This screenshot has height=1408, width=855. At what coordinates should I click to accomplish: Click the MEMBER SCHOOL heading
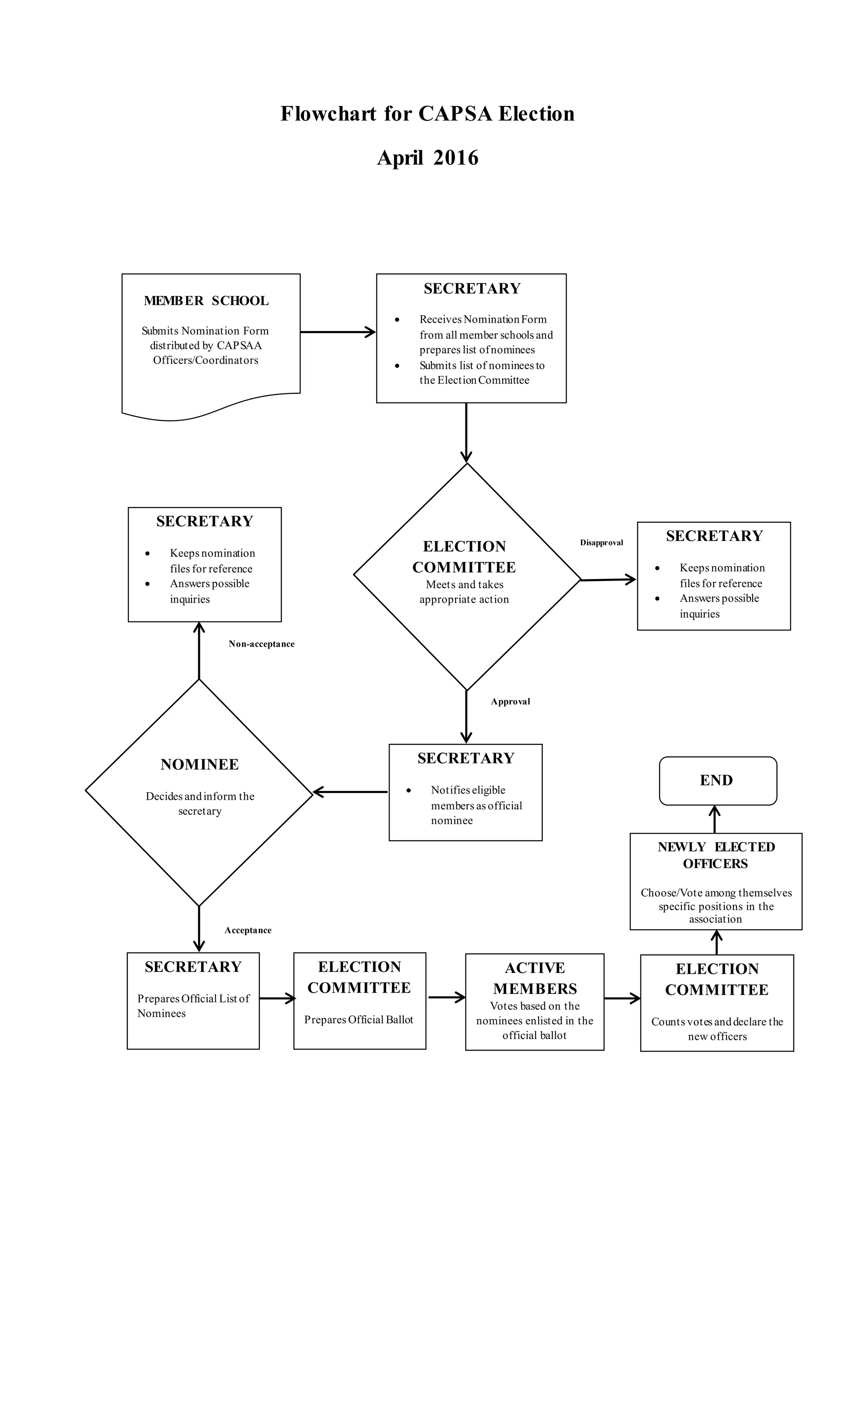pos(206,301)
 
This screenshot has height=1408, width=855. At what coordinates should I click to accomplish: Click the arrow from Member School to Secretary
pos(337,331)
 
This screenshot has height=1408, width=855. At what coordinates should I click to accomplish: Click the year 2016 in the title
pos(455,158)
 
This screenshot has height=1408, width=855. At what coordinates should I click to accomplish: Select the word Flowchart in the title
pos(328,114)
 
